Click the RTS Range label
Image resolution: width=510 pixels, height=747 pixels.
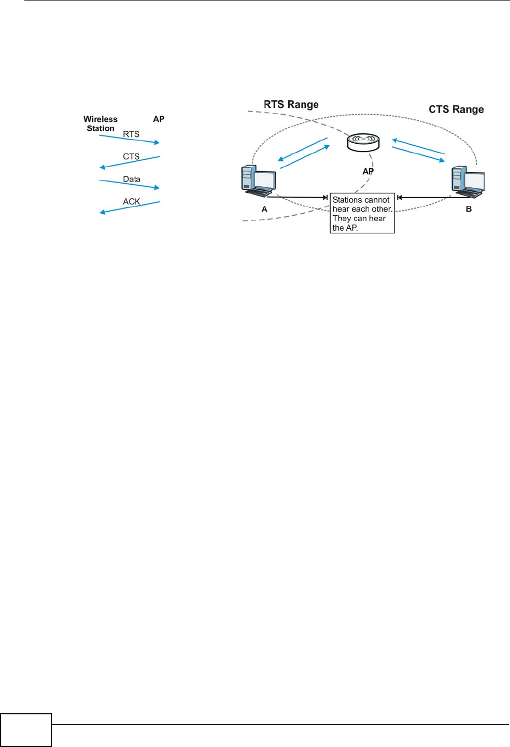[291, 105]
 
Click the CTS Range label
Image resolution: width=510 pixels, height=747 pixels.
[456, 109]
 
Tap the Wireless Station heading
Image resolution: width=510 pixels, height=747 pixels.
[101, 124]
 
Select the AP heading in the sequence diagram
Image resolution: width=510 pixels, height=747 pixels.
[159, 119]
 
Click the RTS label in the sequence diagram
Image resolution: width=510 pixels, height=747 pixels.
[131, 134]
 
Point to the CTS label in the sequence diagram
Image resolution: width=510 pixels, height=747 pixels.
[131, 157]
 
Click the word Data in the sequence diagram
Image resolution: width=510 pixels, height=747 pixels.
[132, 179]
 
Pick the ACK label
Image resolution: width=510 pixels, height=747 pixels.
[132, 202]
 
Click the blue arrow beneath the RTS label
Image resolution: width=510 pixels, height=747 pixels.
[130, 140]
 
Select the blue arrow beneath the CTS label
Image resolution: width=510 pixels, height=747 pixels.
[130, 162]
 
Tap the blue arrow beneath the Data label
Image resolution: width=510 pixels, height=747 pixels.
[130, 184]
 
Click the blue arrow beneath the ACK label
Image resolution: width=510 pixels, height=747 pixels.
[130, 207]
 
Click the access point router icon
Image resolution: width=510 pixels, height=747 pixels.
[363, 142]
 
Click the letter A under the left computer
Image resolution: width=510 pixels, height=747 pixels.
[264, 209]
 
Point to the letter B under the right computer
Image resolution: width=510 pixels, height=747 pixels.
[469, 209]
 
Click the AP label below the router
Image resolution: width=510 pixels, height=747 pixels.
[368, 171]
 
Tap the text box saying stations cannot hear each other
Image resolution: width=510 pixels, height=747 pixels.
[362, 213]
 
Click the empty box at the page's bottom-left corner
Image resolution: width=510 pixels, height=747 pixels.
[26, 730]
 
